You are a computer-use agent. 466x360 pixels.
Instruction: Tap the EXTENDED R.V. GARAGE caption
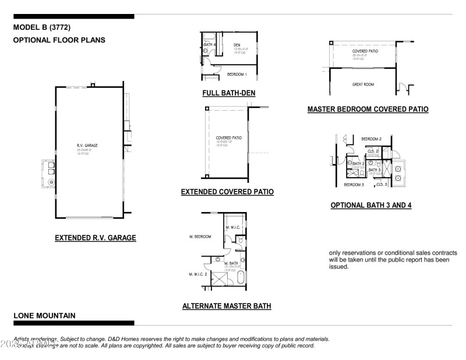(96, 238)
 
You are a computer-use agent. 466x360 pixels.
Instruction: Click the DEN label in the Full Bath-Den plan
(237, 45)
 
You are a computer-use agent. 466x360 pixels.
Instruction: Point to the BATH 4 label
(210, 45)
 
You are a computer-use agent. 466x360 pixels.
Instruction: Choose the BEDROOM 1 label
(237, 74)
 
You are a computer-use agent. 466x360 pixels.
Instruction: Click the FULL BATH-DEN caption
(228, 93)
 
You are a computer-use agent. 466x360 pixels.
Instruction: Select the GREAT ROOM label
(362, 84)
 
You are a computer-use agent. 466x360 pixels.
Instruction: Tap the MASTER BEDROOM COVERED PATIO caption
(368, 109)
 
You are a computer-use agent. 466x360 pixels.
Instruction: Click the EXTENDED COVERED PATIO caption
(227, 192)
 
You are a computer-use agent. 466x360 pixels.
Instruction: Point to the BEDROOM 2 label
(371, 139)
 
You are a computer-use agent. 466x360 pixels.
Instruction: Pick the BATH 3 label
(375, 170)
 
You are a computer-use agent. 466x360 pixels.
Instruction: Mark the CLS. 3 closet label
(382, 184)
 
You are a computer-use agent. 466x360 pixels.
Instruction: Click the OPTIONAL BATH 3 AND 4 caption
(371, 205)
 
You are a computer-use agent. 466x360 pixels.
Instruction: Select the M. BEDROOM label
(200, 237)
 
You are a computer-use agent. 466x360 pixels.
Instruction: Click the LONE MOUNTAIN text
(44, 315)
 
